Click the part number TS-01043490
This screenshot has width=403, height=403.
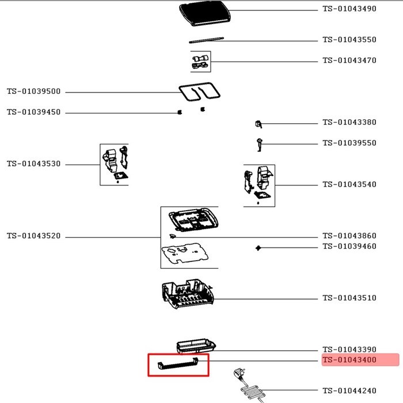click(x=349, y=9)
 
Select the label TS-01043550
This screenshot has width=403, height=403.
click(x=349, y=40)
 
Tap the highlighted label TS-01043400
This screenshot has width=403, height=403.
click(x=349, y=360)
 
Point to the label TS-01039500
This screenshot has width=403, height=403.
click(x=33, y=92)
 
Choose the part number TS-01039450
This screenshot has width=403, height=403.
click(x=33, y=112)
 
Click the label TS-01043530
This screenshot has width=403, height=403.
click(x=33, y=164)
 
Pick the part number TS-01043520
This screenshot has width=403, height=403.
click(x=33, y=236)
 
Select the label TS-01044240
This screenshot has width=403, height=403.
click(x=349, y=389)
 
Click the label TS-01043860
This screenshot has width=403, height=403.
click(x=349, y=236)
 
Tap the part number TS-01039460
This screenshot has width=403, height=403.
click(x=349, y=246)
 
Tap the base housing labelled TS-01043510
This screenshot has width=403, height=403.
click(x=189, y=295)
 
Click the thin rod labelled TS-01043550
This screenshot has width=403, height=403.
click(x=206, y=40)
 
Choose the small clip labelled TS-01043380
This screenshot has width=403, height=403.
click(x=258, y=124)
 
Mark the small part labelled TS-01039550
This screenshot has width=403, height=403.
click(x=259, y=143)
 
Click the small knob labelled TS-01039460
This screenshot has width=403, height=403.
click(x=258, y=248)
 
